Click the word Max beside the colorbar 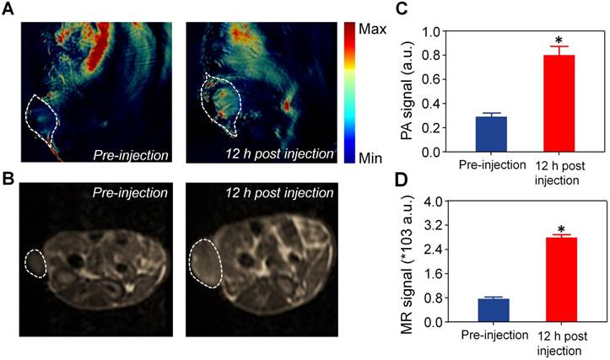374,29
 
